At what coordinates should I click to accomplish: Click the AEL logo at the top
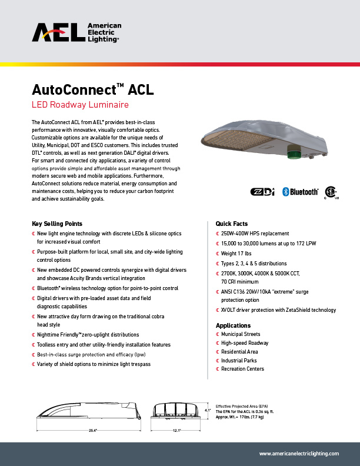pos(76,33)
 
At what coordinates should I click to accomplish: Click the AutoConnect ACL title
pos(92,91)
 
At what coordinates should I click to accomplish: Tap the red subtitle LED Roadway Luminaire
pos(79,105)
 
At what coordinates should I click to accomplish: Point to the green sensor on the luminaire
pos(292,152)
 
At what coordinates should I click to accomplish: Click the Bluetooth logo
pos(300,192)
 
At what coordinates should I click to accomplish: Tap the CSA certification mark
pos(332,193)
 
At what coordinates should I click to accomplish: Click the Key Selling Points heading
pos(57,224)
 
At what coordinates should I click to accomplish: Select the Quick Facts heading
pos(232,224)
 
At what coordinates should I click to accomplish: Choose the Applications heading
pos(233,325)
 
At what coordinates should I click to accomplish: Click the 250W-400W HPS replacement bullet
pos(255,234)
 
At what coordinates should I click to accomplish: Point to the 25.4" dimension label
pos(92,431)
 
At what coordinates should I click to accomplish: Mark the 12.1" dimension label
pos(176,431)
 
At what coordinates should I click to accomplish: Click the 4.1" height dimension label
pos(207,410)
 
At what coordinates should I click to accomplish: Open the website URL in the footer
pos(299,454)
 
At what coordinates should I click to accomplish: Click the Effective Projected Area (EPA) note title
pos(241,407)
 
